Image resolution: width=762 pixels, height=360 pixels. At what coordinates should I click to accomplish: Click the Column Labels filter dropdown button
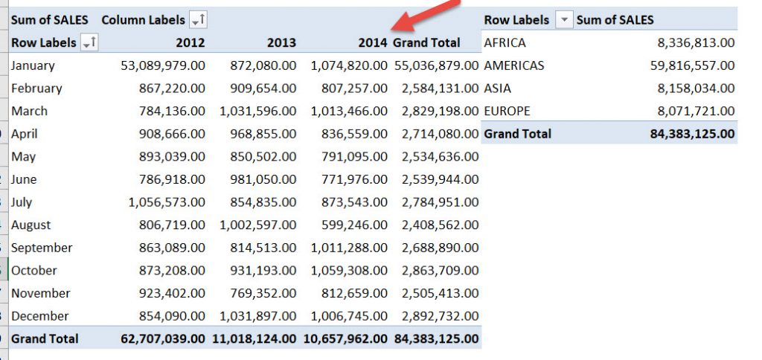199,20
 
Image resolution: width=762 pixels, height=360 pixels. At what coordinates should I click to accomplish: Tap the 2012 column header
190,43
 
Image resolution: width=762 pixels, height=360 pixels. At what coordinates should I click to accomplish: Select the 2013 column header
281,43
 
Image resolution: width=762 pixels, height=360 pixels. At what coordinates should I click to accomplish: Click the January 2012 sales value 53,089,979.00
163,65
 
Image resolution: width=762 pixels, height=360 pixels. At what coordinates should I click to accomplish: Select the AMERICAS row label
514,65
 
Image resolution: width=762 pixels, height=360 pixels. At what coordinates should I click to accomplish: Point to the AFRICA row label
505,43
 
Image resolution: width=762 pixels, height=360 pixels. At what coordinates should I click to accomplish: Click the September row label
42,248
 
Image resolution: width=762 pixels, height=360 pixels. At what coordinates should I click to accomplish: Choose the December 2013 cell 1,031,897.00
257,316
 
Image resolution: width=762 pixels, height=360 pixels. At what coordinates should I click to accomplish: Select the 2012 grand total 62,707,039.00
163,339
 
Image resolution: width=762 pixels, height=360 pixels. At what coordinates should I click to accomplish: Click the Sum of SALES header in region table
615,20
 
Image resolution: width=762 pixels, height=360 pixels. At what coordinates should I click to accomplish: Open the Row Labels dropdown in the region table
566,20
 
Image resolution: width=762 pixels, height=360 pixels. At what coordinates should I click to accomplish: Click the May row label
24,157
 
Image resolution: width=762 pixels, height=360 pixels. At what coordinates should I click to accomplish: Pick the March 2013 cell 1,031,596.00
257,111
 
